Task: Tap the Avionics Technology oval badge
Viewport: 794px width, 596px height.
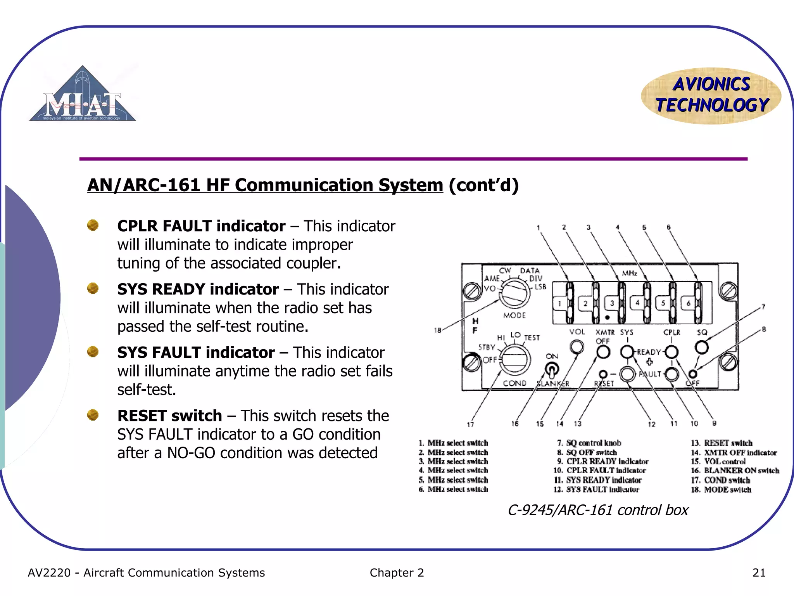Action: pyautogui.click(x=711, y=95)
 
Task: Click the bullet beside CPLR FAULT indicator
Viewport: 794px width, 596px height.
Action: pyautogui.click(x=93, y=225)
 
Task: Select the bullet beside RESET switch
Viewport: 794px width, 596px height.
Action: pyautogui.click(x=93, y=415)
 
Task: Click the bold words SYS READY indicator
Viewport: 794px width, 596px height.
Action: pyautogui.click(x=198, y=289)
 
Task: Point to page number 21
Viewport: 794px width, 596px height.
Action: pyautogui.click(x=759, y=573)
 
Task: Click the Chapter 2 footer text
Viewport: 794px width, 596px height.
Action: pyautogui.click(x=397, y=573)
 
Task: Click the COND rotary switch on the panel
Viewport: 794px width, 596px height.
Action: pyautogui.click(x=514, y=360)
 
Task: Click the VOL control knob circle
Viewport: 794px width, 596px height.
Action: pyautogui.click(x=577, y=347)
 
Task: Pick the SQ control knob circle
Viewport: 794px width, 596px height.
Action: pyautogui.click(x=701, y=347)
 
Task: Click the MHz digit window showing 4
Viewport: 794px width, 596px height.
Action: pyautogui.click(x=637, y=303)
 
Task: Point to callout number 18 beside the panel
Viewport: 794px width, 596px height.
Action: pyautogui.click(x=437, y=330)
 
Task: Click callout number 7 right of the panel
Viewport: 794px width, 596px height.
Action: pyautogui.click(x=763, y=307)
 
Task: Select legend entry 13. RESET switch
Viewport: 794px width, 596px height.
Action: pyautogui.click(x=721, y=443)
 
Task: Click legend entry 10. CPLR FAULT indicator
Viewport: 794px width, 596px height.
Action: pyautogui.click(x=599, y=471)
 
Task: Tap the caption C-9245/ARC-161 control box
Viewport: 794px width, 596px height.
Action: pyautogui.click(x=598, y=510)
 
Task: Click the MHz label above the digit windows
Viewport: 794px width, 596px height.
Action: pyautogui.click(x=629, y=273)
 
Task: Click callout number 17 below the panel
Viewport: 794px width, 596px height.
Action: pyautogui.click(x=470, y=424)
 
